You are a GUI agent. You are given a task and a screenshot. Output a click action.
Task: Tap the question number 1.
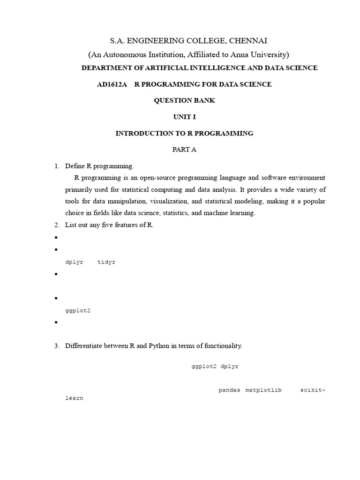pyautogui.click(x=56, y=166)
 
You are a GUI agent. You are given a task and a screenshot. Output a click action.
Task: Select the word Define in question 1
pyautogui.click(x=75, y=166)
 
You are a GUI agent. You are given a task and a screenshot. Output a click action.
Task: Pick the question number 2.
pyautogui.click(x=56, y=225)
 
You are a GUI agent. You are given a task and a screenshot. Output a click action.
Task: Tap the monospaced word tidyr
pyautogui.click(x=106, y=262)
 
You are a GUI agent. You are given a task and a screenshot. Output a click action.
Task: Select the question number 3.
pyautogui.click(x=56, y=346)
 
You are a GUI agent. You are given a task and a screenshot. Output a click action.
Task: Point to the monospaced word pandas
pyautogui.click(x=229, y=390)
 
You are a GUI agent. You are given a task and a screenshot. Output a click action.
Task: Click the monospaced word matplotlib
pyautogui.click(x=263, y=390)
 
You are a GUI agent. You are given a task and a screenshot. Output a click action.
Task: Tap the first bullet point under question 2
pyautogui.click(x=56, y=238)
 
